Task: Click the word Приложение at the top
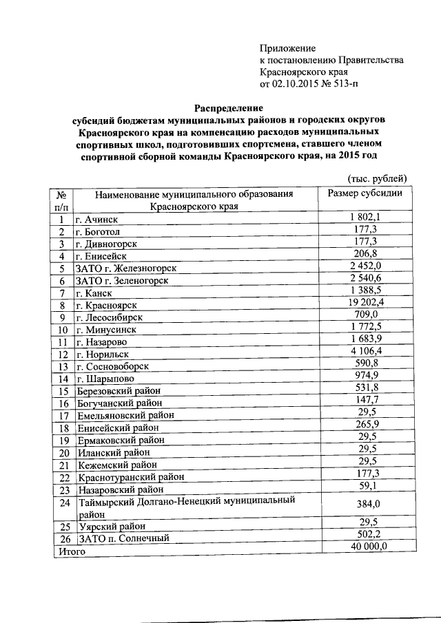tap(287, 48)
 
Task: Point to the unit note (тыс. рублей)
tap(376, 178)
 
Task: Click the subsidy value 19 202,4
tap(365, 304)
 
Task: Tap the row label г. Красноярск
tap(107, 305)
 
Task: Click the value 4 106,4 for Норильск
tap(365, 352)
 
